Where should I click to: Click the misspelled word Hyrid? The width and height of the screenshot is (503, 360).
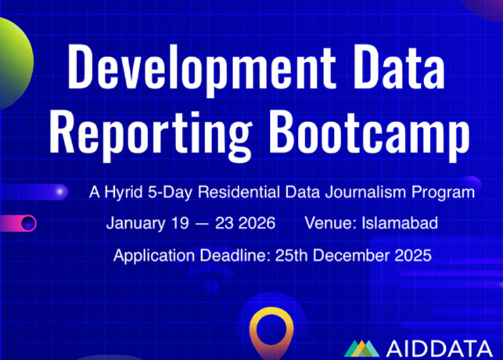pos(118,192)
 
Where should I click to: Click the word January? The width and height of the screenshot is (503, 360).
pos(135,223)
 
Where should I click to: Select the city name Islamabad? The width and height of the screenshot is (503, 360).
pos(400,223)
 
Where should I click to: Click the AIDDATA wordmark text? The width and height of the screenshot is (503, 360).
pos(439,348)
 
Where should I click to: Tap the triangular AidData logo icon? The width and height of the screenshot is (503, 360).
pos(361,348)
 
